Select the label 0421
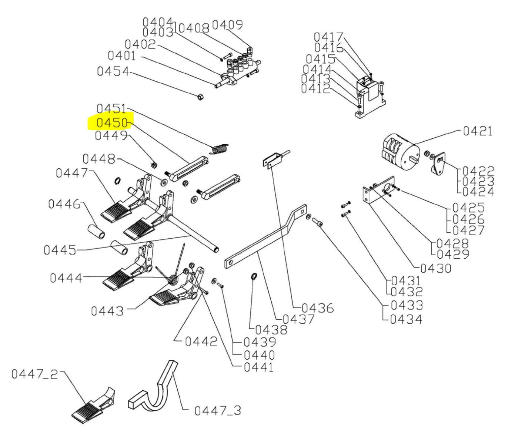coord(478,131)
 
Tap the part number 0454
coord(113,71)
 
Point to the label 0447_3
coord(218,410)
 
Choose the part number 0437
coord(298,319)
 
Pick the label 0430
coord(436,268)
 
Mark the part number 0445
coord(60,250)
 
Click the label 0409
coord(227,25)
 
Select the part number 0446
coord(64,204)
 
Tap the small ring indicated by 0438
coord(254,276)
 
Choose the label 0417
coord(328,37)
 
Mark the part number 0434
coord(406,319)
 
